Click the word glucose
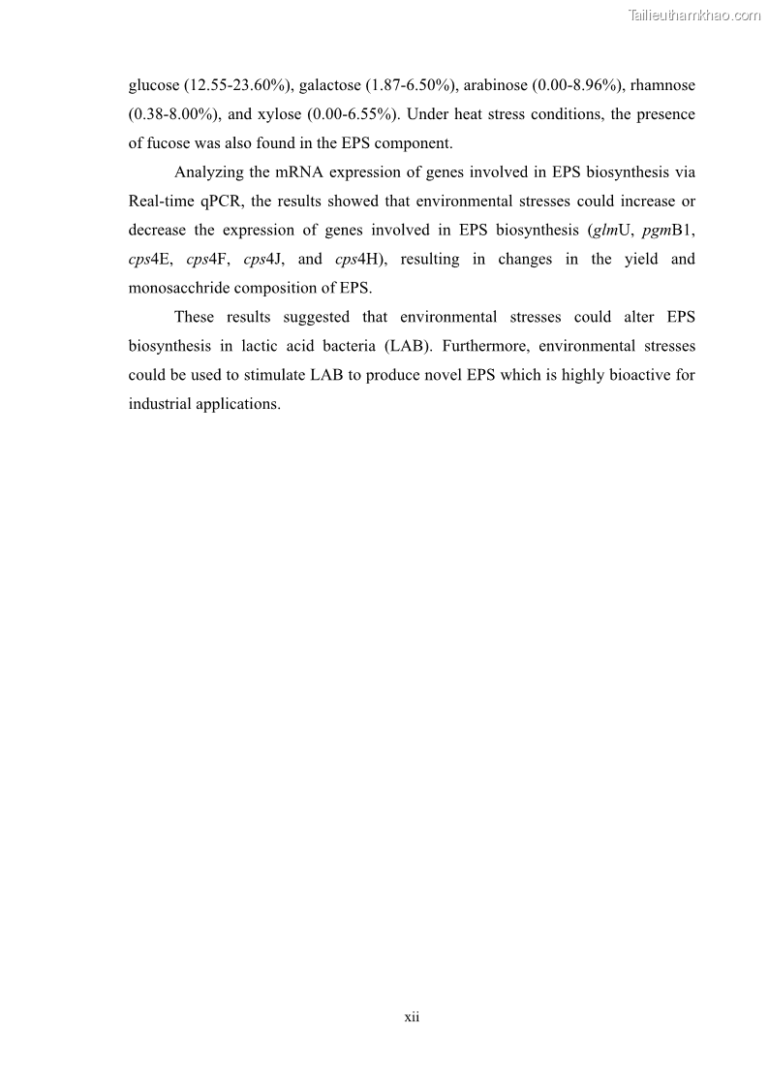(x=153, y=86)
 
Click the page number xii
(x=412, y=1017)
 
